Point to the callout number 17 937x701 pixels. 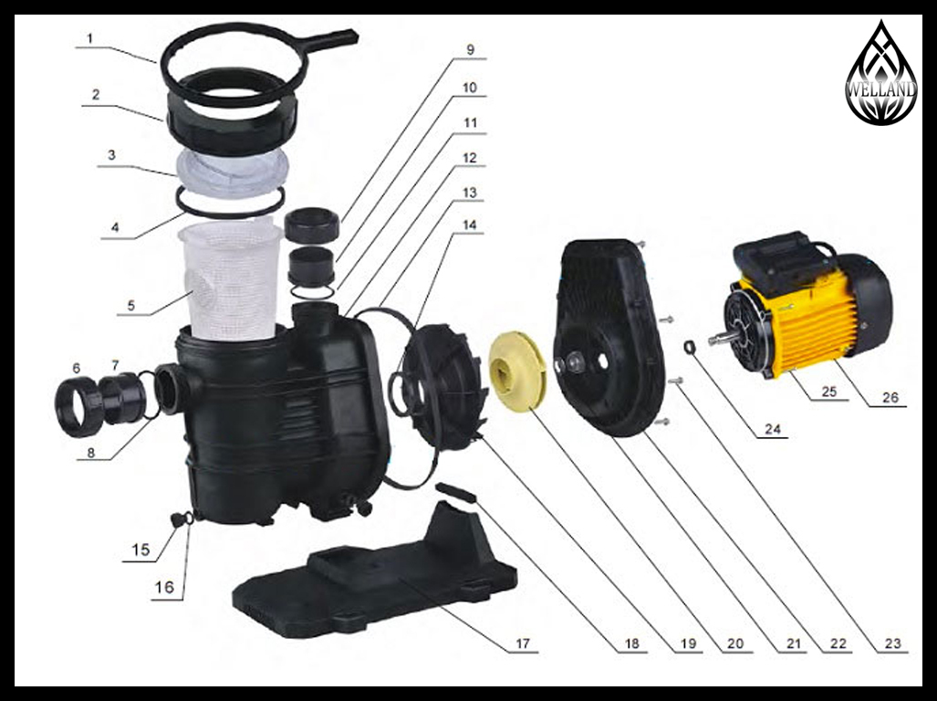pyautogui.click(x=522, y=643)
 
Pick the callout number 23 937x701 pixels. pyautogui.click(x=892, y=643)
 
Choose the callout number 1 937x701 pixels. pyautogui.click(x=89, y=39)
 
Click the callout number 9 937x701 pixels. pyautogui.click(x=470, y=49)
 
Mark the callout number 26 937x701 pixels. pyautogui.click(x=890, y=397)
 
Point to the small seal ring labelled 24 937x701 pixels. pyautogui.click(x=690, y=346)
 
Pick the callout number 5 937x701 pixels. pyautogui.click(x=130, y=306)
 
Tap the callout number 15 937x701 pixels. pyautogui.click(x=141, y=549)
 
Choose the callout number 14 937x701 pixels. pyautogui.click(x=470, y=225)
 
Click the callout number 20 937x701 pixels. pyautogui.click(x=735, y=643)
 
